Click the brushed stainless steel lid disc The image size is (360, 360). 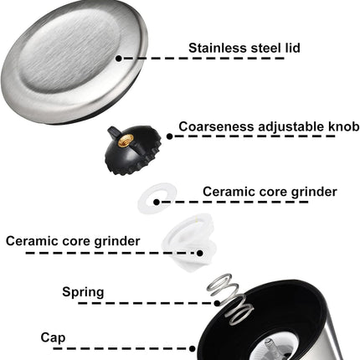[74, 62]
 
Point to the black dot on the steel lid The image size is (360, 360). [119, 59]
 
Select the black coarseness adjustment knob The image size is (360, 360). [133, 150]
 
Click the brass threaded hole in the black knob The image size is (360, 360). [126, 140]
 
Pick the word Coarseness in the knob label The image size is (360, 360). [217, 126]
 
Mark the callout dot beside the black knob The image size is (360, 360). [170, 136]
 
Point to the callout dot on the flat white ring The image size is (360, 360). [157, 202]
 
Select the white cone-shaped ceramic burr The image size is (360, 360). [190, 241]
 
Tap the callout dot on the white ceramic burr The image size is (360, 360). [200, 253]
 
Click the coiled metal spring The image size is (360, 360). [230, 299]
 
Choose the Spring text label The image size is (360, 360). [83, 292]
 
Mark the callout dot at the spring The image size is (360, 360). [218, 303]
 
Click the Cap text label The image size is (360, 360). [53, 337]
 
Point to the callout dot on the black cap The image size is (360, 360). [193, 348]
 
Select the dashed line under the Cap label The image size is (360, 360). [119, 348]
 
